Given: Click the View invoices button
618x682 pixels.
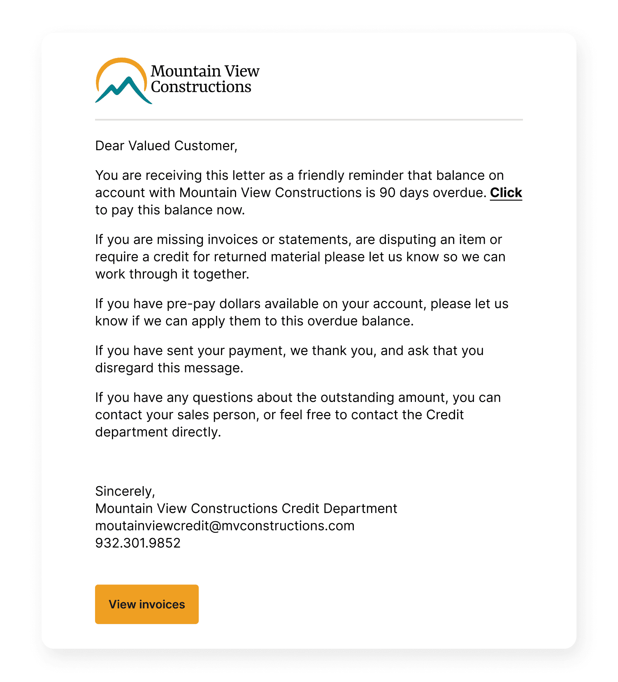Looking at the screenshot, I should point(146,604).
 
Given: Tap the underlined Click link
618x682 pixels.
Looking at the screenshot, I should point(506,193).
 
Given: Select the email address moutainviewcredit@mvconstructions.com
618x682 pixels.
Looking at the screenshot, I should point(225,526).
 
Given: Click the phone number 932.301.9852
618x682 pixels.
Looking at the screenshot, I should point(138,543).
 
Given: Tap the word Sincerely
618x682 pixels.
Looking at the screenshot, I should point(124,491).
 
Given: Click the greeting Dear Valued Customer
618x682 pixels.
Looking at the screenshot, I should point(166,146).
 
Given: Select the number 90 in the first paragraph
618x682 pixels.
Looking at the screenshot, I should point(387,193).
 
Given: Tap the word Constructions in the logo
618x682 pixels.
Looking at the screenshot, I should point(201,87).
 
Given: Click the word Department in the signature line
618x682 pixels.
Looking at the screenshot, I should point(360,508).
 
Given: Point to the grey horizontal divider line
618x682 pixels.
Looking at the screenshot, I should point(309,120).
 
